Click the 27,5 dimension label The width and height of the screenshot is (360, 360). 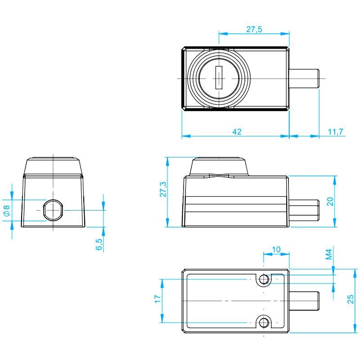[254, 29]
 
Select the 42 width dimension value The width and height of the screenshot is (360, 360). [237, 132]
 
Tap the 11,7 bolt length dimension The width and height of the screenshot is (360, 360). [335, 132]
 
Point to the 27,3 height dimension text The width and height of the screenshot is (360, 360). [163, 189]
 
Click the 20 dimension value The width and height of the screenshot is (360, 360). [330, 202]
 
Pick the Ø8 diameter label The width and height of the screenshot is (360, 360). [7, 210]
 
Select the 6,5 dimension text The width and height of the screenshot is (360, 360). [99, 244]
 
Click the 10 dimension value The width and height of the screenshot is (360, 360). [276, 249]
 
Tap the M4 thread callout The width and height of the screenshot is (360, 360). [329, 254]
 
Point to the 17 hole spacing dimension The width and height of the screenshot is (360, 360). [157, 299]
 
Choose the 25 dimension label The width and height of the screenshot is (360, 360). [351, 299]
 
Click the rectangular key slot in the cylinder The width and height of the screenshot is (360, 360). [219, 77]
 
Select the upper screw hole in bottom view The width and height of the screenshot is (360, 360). [264, 279]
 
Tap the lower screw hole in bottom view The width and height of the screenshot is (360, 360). [264, 322]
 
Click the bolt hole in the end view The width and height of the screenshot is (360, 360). [53, 210]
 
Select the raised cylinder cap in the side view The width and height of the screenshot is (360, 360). [219, 167]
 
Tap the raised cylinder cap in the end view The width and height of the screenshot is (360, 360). [53, 166]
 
